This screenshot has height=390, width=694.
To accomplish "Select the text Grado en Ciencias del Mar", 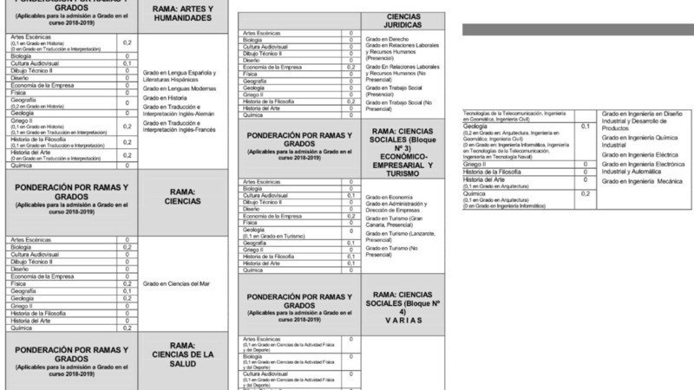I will click(x=179, y=283).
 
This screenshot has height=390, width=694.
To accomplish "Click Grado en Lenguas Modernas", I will click(x=180, y=88).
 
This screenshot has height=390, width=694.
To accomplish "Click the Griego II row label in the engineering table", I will click(x=475, y=163).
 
